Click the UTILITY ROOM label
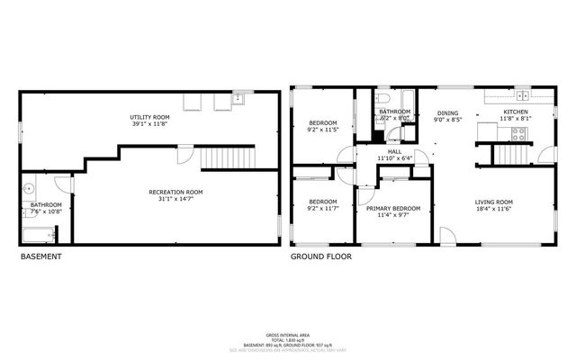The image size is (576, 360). point(149,118)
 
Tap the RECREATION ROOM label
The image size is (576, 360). point(175,192)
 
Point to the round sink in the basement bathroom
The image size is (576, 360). point(30,189)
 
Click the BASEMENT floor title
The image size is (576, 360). point(40,256)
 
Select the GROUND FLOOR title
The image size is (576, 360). point(320,256)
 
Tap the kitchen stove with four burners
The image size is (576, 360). point(519,134)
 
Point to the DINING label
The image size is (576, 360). point(446,112)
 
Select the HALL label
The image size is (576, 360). point(393,151)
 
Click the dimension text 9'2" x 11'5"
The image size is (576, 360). point(323,130)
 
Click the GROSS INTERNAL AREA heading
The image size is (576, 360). point(287,332)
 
